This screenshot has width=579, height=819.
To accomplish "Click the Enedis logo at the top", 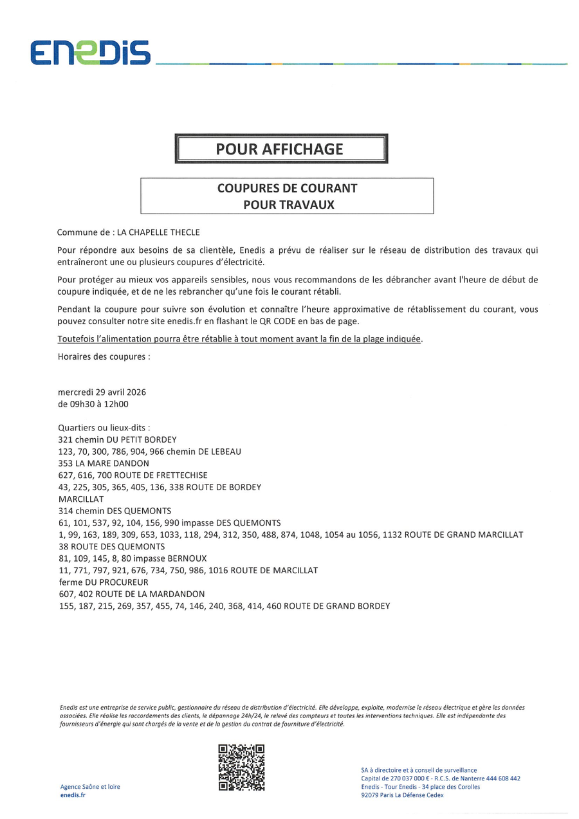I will coord(90,52).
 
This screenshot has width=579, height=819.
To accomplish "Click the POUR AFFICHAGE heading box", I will coord(280,149).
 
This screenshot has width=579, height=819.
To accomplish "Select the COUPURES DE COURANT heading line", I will coord(287,189).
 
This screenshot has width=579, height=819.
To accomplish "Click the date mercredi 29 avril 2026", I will coord(102,392).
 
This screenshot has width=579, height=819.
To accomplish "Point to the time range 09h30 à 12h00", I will coord(93,404).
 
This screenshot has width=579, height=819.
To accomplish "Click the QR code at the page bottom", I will coord(241,768).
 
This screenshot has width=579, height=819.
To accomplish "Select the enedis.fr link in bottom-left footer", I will coord(73,795).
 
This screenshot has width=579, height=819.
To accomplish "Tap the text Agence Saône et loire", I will coord(90,786).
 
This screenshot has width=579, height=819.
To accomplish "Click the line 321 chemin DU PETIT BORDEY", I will coord(117,439).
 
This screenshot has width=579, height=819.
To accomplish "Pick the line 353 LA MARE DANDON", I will coord(104,463).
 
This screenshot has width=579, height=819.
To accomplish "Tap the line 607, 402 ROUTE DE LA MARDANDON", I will coord(131,594).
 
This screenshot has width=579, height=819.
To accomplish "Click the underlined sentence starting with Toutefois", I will coord(241,339).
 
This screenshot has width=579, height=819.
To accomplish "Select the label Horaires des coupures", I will coord(104,356).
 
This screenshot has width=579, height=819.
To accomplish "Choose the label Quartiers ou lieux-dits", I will coord(104,427).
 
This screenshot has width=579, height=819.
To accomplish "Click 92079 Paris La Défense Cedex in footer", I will coord(402,795).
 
